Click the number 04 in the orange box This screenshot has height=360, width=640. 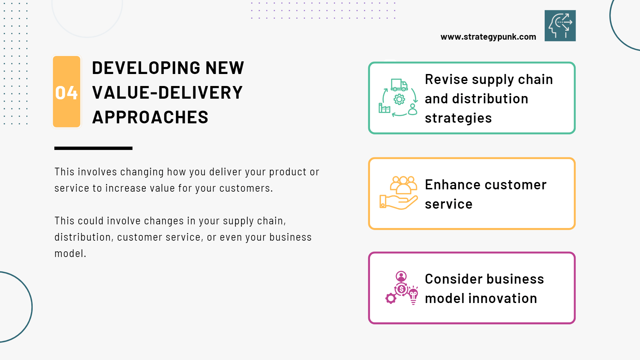(x=66, y=93)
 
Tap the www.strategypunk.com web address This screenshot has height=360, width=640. (x=488, y=37)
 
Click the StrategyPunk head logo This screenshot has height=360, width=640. (x=560, y=26)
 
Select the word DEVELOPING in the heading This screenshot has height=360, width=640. (x=146, y=68)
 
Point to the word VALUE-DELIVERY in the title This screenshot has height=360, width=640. (x=167, y=93)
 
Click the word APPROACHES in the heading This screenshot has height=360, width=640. (x=150, y=117)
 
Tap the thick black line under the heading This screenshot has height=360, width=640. (x=93, y=148)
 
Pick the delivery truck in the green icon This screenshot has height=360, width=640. (x=399, y=85)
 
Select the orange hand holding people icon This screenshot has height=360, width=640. (x=398, y=193)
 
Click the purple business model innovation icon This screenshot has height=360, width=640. (x=401, y=288)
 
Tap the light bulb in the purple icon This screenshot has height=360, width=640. (x=413, y=295)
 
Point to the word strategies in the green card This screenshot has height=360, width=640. (x=458, y=118)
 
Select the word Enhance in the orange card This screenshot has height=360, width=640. (x=450, y=185)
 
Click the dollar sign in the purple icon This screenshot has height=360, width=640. (x=402, y=289)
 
